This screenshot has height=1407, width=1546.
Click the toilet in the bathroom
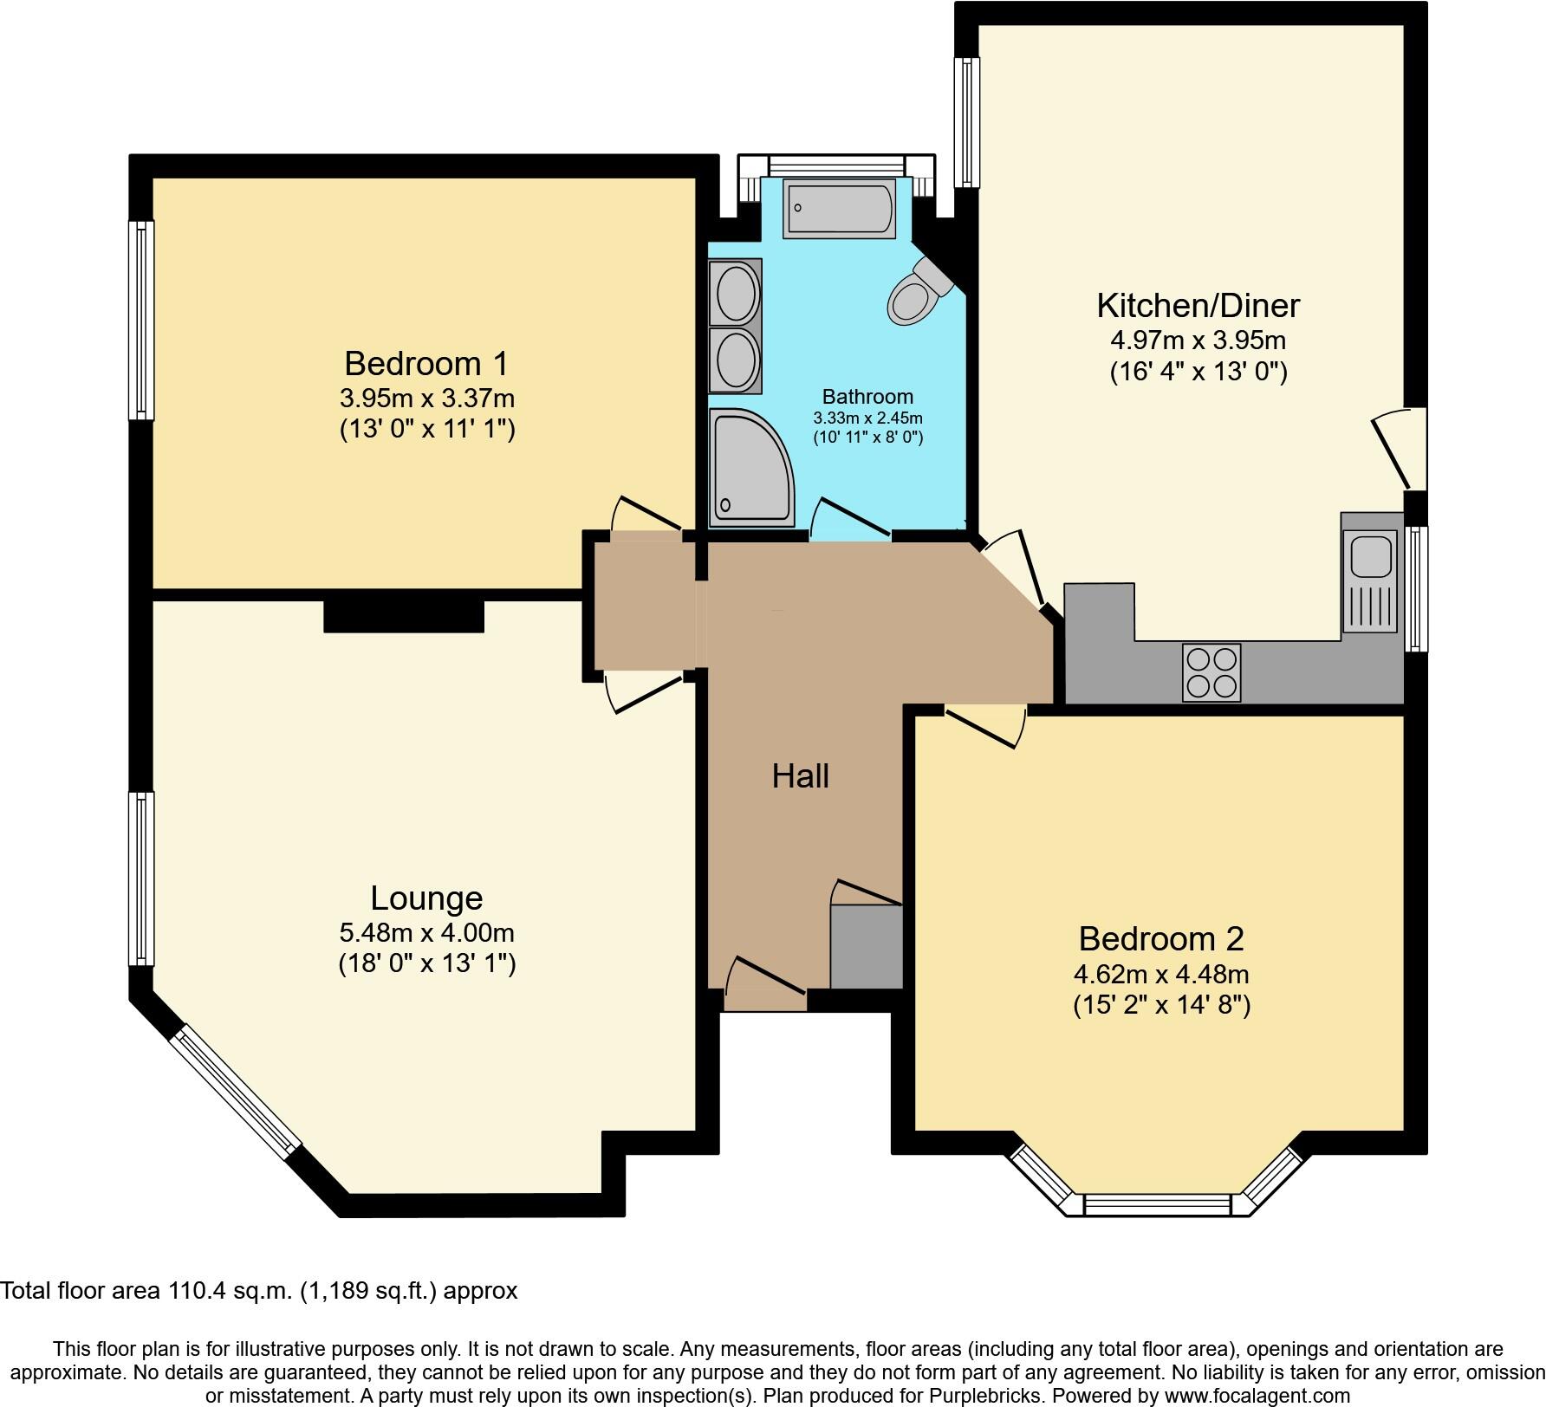tap(917, 293)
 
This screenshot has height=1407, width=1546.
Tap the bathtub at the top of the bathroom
tap(838, 209)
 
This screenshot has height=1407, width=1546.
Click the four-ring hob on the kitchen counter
tap(1211, 672)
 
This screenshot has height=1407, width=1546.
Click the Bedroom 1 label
tap(425, 363)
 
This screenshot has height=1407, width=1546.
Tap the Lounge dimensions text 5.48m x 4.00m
tap(426, 933)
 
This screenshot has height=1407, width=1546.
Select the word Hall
tap(800, 776)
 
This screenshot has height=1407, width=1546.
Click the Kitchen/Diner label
tap(1198, 306)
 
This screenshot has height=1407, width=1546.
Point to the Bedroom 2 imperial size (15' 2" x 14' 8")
tap(1161, 1005)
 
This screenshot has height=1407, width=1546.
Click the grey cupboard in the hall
tap(866, 947)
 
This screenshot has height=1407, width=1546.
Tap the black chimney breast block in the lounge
tap(403, 616)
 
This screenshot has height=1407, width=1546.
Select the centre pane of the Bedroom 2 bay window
tap(1157, 1204)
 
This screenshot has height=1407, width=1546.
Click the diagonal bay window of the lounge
tap(235, 1093)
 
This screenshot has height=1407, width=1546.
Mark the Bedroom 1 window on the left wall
tap(141, 321)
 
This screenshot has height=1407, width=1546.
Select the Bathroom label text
tap(867, 397)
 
